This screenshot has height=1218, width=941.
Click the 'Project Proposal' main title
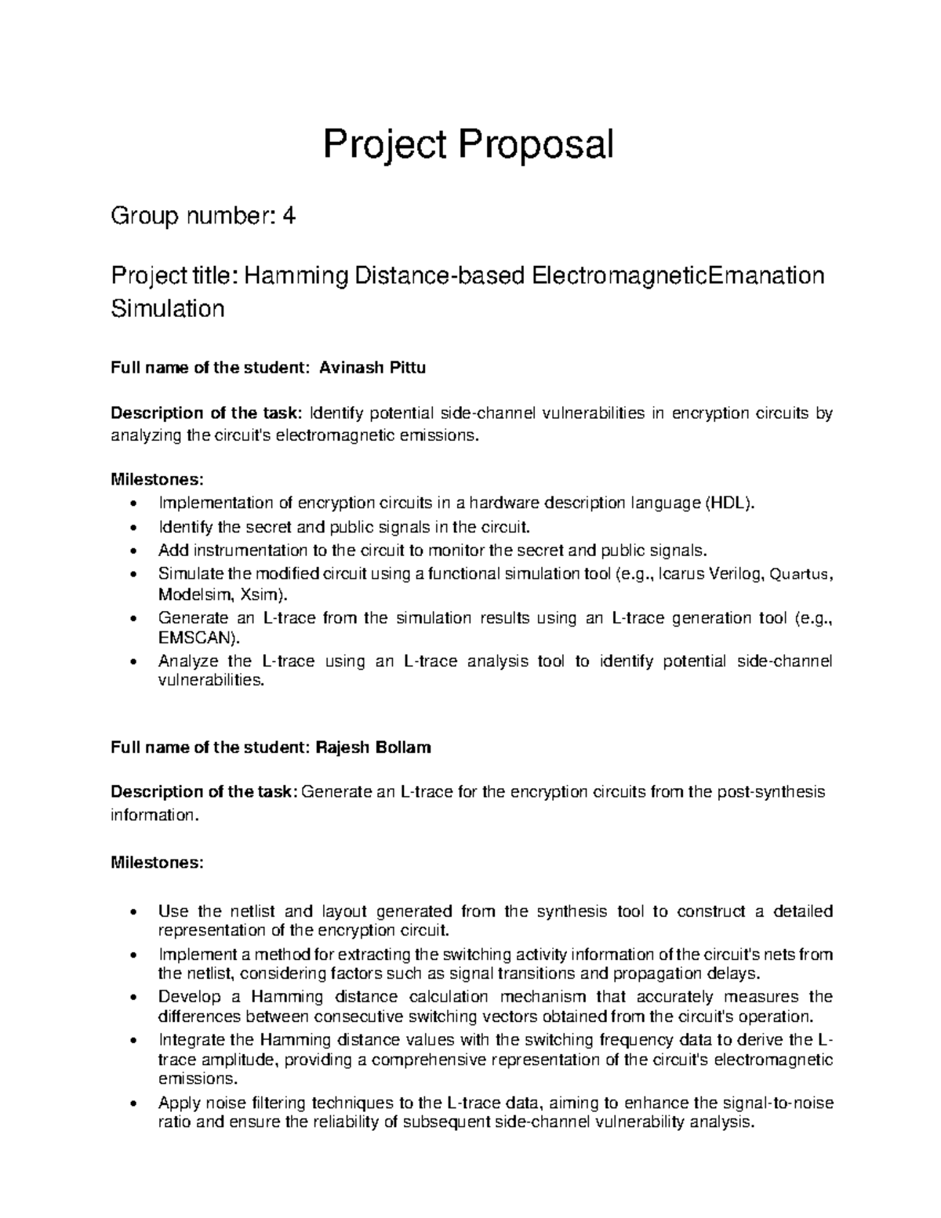pyautogui.click(x=469, y=144)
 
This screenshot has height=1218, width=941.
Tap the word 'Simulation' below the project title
pyautogui.click(x=168, y=308)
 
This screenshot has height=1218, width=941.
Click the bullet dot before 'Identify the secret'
pyautogui.click(x=137, y=527)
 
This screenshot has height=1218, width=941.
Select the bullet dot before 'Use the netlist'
pyautogui.click(x=137, y=913)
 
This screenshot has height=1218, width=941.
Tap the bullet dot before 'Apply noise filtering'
pyautogui.click(x=137, y=1104)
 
